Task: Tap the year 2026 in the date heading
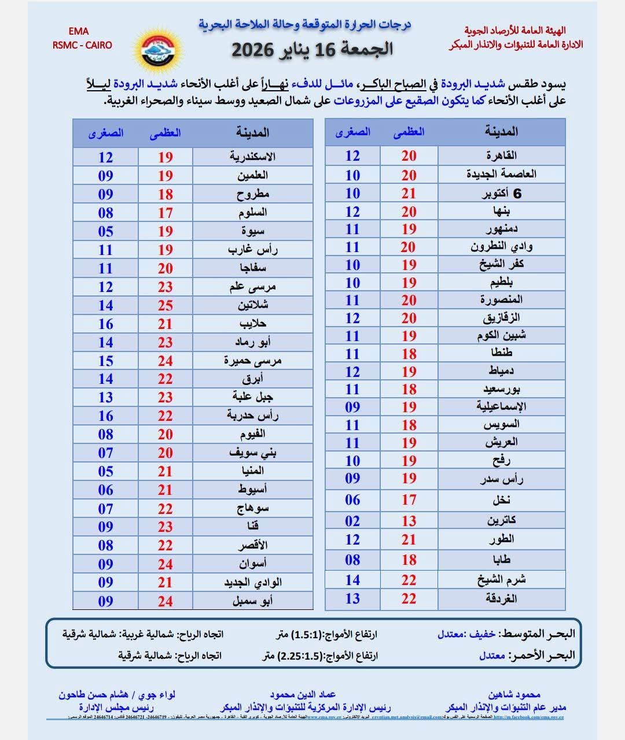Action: coord(253,50)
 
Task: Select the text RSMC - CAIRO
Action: coord(82,45)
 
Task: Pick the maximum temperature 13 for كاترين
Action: coord(409,521)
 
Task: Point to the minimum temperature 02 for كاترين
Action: coord(352,521)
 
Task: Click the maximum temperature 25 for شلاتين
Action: coord(166,305)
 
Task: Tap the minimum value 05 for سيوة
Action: coord(105,231)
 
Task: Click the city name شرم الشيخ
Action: coord(501,580)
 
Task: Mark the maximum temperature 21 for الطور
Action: coord(409,539)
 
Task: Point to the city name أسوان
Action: coord(252,564)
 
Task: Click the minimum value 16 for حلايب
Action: coord(105,324)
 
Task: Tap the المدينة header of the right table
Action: coord(501,132)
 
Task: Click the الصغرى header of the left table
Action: coord(106,133)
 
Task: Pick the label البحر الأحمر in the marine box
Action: coord(542,656)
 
